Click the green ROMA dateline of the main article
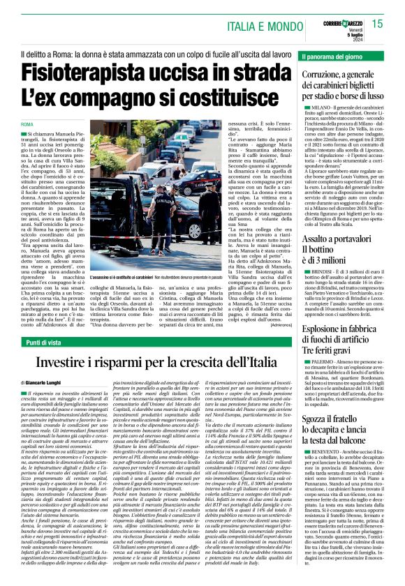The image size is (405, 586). (x=29, y=123)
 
